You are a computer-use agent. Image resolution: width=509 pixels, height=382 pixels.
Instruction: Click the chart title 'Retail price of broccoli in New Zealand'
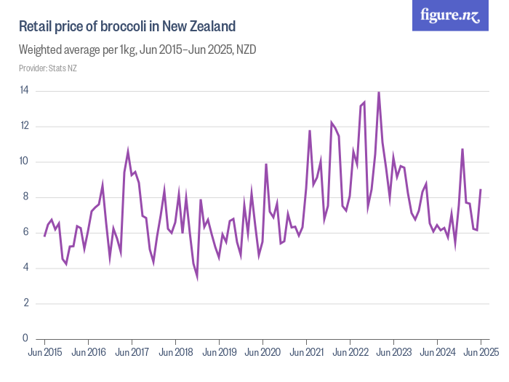pos(127,27)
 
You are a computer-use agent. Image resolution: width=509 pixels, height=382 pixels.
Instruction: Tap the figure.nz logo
pos(450,16)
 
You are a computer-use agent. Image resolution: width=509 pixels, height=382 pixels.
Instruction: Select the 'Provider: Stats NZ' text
pos(48,68)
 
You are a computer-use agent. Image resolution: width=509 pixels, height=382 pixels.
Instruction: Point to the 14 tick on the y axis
pos(24,91)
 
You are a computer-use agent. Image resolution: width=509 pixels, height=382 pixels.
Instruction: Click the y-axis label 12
pos(24,127)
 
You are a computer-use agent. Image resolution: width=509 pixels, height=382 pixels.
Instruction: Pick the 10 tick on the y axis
pos(24,162)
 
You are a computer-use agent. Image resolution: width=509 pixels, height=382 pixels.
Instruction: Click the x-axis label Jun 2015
pos(44,352)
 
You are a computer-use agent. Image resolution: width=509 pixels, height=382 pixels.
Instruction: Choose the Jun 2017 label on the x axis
pos(132,352)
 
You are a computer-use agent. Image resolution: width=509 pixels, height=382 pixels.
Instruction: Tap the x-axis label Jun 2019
pos(219,352)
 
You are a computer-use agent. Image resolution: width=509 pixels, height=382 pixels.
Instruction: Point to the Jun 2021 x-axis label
pos(306,352)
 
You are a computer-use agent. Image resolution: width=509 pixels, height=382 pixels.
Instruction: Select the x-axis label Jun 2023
pos(393,352)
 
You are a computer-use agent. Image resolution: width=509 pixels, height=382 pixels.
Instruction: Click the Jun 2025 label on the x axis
pos(481,352)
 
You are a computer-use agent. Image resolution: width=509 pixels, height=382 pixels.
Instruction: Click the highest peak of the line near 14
pos(378,92)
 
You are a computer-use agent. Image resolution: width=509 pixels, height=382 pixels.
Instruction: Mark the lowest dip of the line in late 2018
pos(197,276)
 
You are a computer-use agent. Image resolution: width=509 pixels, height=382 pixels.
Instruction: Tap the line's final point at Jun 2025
pos(481,189)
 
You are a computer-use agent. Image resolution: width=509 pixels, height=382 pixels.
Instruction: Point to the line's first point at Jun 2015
pos(44,236)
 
